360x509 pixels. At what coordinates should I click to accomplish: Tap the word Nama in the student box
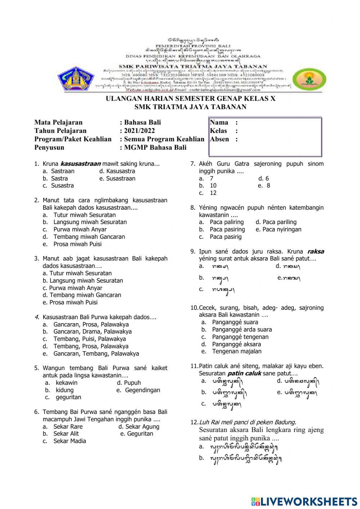[x=219, y=122]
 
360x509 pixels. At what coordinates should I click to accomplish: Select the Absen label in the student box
[x=219, y=139]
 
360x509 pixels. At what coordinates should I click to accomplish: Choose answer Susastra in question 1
[x=62, y=186]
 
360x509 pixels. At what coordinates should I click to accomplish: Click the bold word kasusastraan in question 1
[x=80, y=164]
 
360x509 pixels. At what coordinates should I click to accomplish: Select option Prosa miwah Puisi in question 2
[x=77, y=244]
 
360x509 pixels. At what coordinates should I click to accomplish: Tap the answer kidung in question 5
[x=64, y=390]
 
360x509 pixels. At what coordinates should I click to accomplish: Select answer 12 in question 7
[x=213, y=193]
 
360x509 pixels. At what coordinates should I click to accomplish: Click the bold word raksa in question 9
[x=315, y=251]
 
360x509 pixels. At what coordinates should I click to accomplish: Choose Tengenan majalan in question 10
[x=237, y=352]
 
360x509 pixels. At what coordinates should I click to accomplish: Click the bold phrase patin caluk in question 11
[x=244, y=374]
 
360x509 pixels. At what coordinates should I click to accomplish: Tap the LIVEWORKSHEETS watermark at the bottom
[x=304, y=501]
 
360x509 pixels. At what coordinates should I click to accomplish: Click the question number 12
[x=194, y=422]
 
